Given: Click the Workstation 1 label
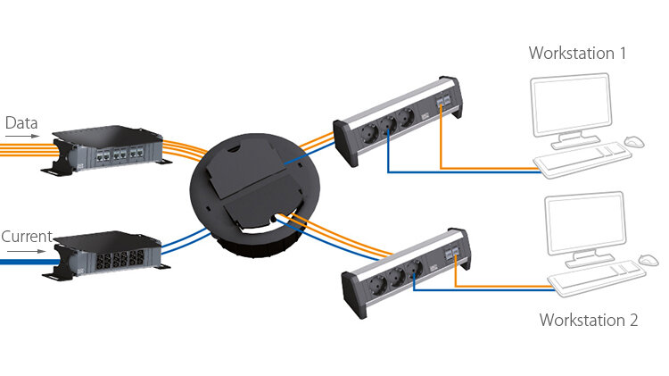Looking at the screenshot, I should pos(577,54).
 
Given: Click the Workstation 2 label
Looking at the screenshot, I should pos(588,320).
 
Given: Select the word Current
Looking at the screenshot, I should pos(26,237).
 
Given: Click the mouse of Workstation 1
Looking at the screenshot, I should pos(633,142).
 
